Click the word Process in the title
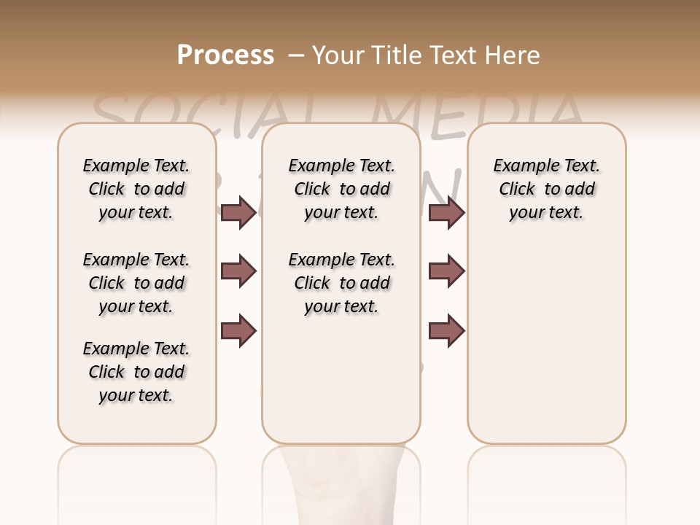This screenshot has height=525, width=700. [225, 55]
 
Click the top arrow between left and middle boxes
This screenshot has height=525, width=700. [238, 212]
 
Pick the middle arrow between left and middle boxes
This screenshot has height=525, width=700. [238, 271]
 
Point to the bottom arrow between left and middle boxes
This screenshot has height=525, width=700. [238, 331]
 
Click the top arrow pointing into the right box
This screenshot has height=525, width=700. [446, 212]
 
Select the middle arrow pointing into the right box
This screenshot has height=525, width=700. [446, 271]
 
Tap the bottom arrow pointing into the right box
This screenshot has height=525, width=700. [446, 331]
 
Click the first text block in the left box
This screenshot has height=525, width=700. [136, 189]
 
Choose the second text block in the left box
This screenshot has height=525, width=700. [136, 283]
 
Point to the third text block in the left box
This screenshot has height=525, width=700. [136, 372]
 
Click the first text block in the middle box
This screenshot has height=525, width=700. [341, 189]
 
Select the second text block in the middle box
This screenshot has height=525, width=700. [341, 283]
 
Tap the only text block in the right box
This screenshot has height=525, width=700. [546, 189]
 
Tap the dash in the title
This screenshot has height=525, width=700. [296, 55]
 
